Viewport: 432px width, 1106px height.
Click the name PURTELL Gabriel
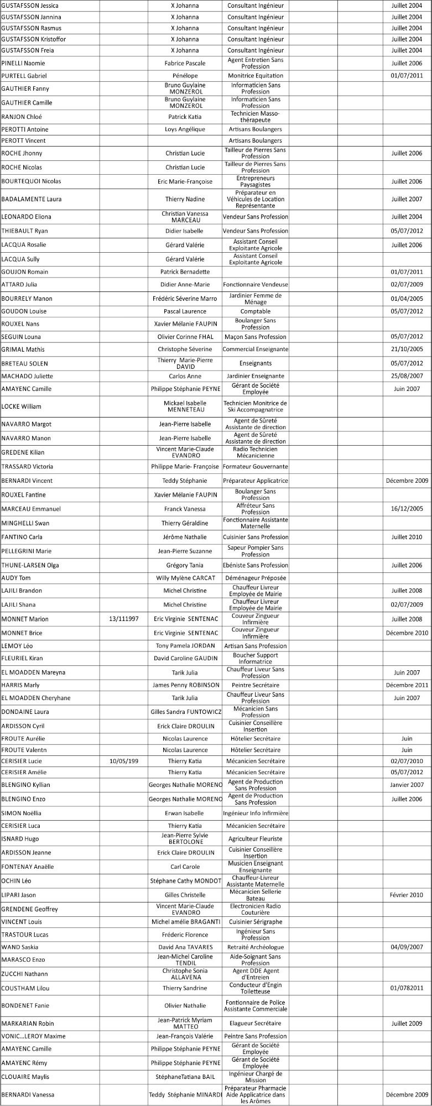pos(24,76)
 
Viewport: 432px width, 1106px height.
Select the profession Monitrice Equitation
pos(255,76)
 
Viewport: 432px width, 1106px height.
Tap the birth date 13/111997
pos(124,619)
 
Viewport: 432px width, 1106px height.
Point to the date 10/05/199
pos(124,761)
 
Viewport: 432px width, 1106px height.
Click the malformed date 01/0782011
pos(407,988)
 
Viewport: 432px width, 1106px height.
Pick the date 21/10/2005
pos(407,349)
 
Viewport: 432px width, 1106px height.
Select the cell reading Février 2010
pos(407,895)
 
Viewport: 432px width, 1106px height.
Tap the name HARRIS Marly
pos(20,685)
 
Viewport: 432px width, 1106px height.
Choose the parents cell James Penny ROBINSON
pos(186,685)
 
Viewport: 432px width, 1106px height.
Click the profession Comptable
pos(255,311)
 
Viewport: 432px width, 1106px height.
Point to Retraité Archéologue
pos(255,947)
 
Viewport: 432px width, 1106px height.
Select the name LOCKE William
pos(22,406)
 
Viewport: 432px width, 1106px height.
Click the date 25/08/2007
pos(407,376)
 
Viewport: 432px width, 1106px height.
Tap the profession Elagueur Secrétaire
pos(255,1024)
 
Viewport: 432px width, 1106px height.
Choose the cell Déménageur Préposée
pos(255,578)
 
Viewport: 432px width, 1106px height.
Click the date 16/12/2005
pos(407,509)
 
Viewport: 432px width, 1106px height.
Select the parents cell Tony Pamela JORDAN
pos(186,646)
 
